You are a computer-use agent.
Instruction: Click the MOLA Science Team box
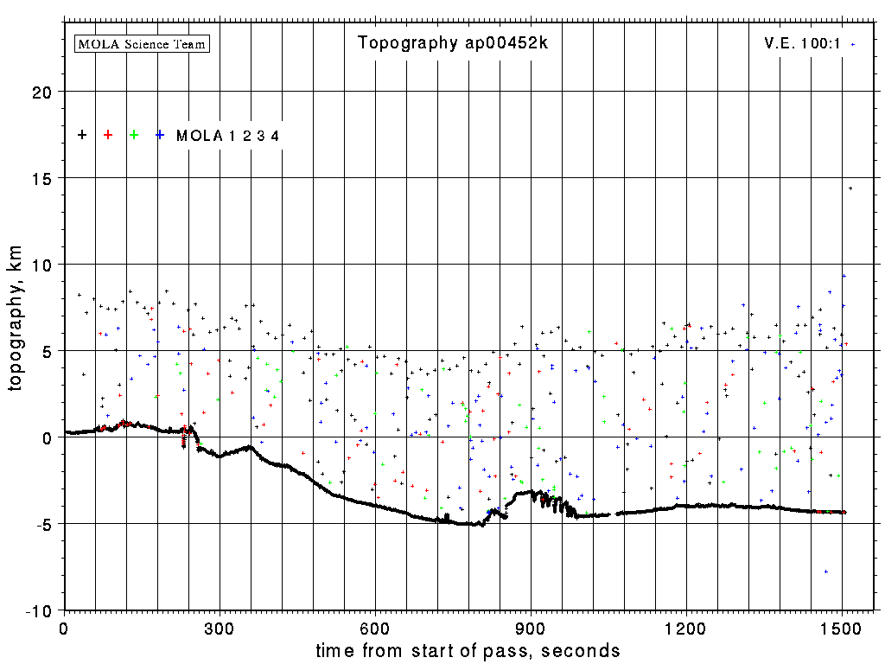(x=143, y=43)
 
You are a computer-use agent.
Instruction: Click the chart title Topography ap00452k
(x=453, y=43)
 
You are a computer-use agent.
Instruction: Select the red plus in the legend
(x=108, y=135)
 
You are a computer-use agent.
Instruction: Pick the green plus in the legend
(x=134, y=135)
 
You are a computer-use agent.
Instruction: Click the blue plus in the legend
(x=160, y=135)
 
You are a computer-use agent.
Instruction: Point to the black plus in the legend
(x=82, y=135)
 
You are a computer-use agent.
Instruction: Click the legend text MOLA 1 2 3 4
(x=227, y=136)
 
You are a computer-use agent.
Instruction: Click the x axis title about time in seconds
(x=468, y=650)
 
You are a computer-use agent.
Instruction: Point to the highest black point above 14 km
(x=850, y=188)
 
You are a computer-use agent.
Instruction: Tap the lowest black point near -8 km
(x=826, y=571)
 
